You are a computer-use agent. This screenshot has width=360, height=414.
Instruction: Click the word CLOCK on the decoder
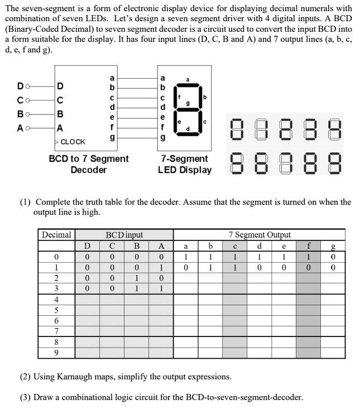[73, 142]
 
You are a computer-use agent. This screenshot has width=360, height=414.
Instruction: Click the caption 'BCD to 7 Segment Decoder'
[89, 164]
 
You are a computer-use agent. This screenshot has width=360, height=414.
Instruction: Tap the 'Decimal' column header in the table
[56, 235]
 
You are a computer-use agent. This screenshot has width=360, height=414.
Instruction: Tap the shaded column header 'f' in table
[308, 245]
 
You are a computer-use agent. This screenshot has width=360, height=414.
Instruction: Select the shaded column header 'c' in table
[235, 245]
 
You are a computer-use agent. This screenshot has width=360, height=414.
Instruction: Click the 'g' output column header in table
[333, 245]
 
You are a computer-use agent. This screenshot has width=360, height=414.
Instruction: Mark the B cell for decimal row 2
[136, 278]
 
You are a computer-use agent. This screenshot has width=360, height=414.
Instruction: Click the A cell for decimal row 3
[161, 288]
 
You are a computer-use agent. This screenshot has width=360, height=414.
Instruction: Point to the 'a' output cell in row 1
[186, 267]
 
